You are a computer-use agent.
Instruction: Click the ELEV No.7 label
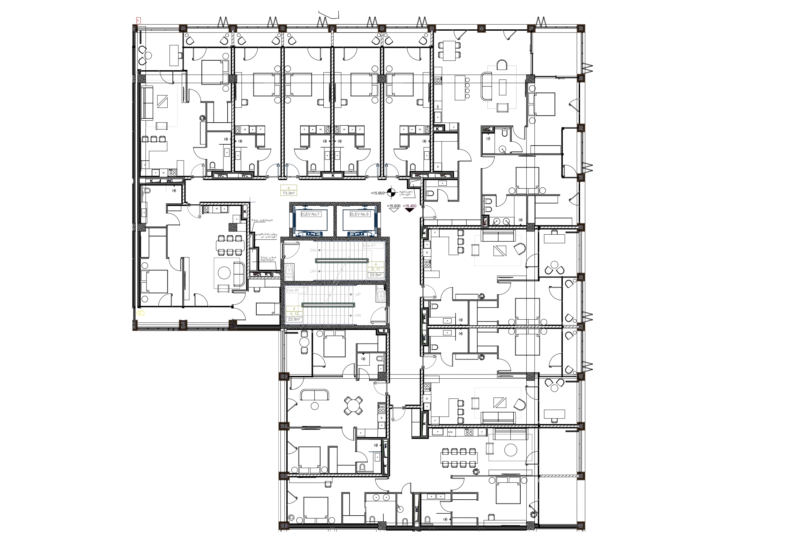coord(310,214)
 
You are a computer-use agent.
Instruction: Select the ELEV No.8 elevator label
coord(359,214)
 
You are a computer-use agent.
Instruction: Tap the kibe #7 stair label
coord(369,246)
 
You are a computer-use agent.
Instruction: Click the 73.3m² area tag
coord(288,193)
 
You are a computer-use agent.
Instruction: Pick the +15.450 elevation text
coord(410,206)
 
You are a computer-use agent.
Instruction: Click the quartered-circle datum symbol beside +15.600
coord(391,193)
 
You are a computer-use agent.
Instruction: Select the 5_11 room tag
coord(376,269)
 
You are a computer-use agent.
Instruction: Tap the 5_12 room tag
coord(294,314)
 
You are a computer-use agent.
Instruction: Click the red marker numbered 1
coord(138,21)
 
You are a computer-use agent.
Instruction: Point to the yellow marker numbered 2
coord(140,313)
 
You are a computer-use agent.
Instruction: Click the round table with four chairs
coord(353,406)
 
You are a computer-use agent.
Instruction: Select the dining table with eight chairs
coord(459,458)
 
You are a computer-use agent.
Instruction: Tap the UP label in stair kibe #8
coord(358,294)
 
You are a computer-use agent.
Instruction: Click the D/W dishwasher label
coord(450,432)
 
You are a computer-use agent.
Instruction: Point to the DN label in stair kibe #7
coord(313,250)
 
